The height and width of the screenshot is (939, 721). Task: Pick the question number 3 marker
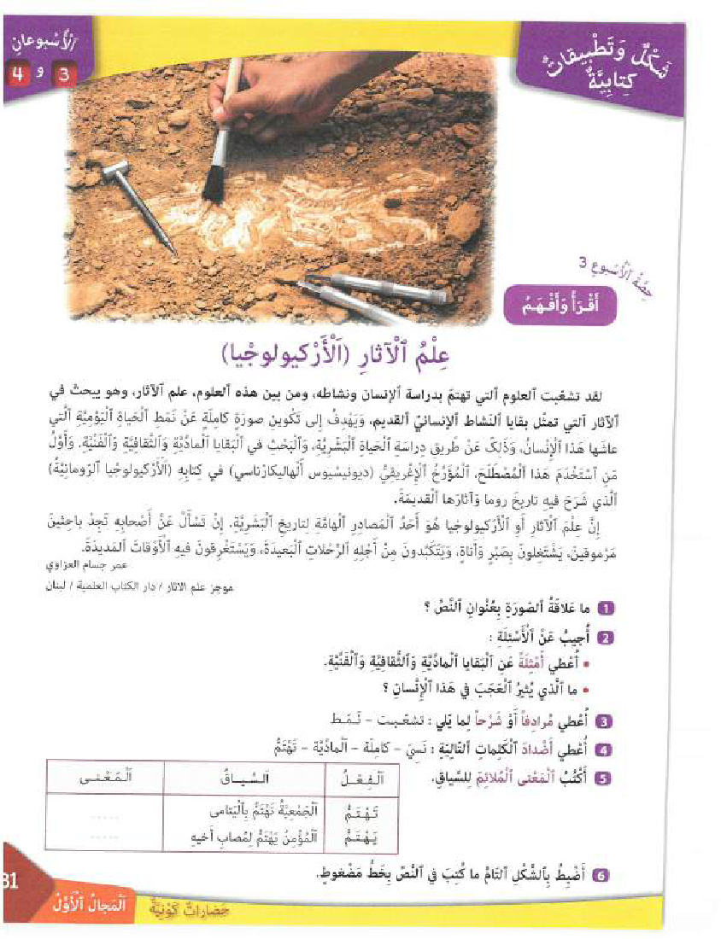tap(606, 720)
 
